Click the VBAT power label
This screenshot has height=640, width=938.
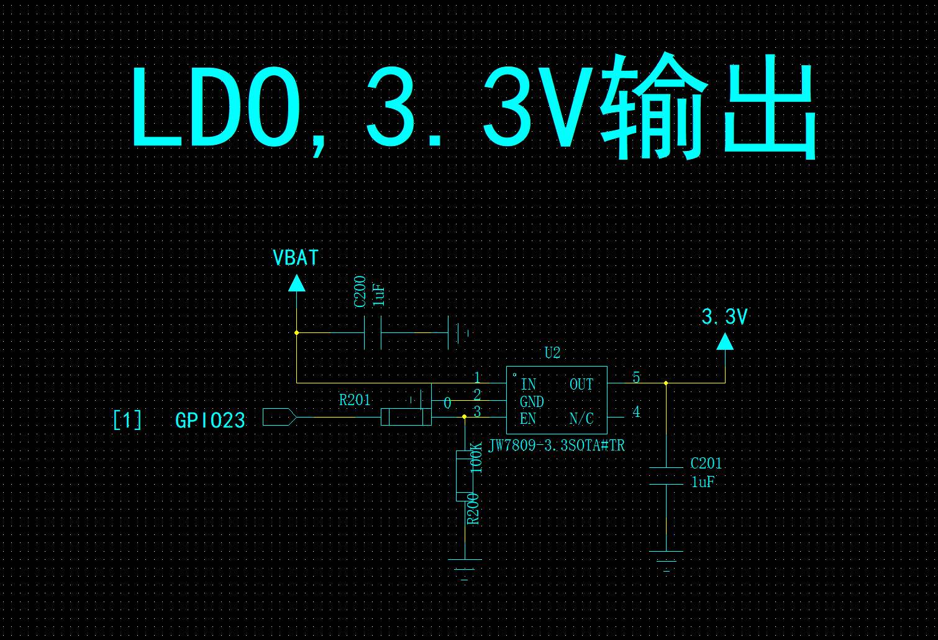tap(296, 258)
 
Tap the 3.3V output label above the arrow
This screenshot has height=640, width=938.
tap(724, 317)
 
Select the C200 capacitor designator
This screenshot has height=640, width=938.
tap(360, 291)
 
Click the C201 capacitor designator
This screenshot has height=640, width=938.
tap(706, 464)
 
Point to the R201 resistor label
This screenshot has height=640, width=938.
tap(355, 400)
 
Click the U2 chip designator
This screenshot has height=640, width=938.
tap(552, 353)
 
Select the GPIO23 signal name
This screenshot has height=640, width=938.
tap(210, 421)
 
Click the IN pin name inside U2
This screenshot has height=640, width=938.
tap(529, 384)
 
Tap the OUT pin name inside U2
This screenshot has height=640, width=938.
tap(581, 384)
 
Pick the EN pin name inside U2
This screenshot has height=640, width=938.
tap(528, 418)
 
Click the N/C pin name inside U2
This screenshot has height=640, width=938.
tap(581, 418)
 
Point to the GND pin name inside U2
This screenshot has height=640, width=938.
tap(532, 401)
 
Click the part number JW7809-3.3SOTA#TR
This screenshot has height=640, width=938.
tap(557, 446)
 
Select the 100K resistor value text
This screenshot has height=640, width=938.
tap(476, 458)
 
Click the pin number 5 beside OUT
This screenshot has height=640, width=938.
tap(637, 377)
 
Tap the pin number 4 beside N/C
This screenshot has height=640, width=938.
tap(637, 412)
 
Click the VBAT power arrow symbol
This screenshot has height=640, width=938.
tap(297, 283)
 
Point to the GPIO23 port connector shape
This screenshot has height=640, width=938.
tap(280, 417)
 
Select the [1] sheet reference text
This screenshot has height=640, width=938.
tap(128, 420)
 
